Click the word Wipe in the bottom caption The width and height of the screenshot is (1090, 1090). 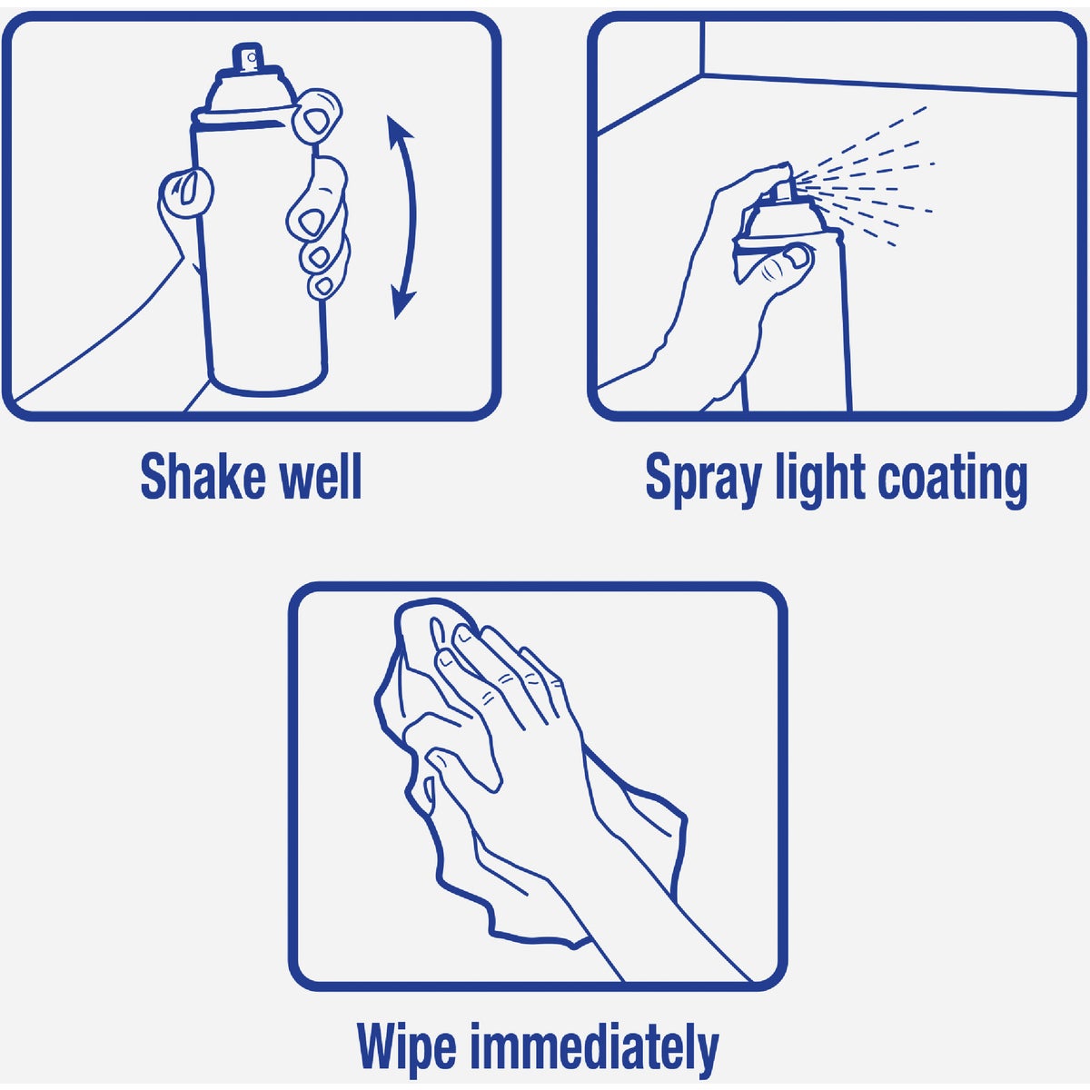(x=406, y=1047)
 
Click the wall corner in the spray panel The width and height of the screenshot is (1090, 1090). (x=703, y=77)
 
